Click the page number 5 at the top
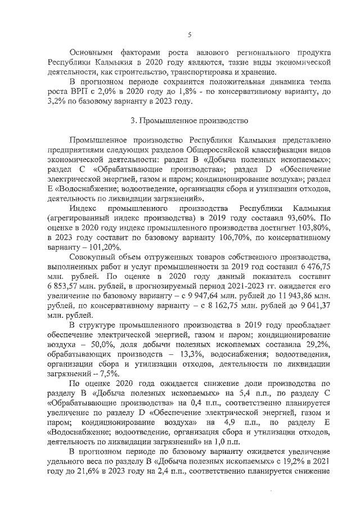[190, 35]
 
